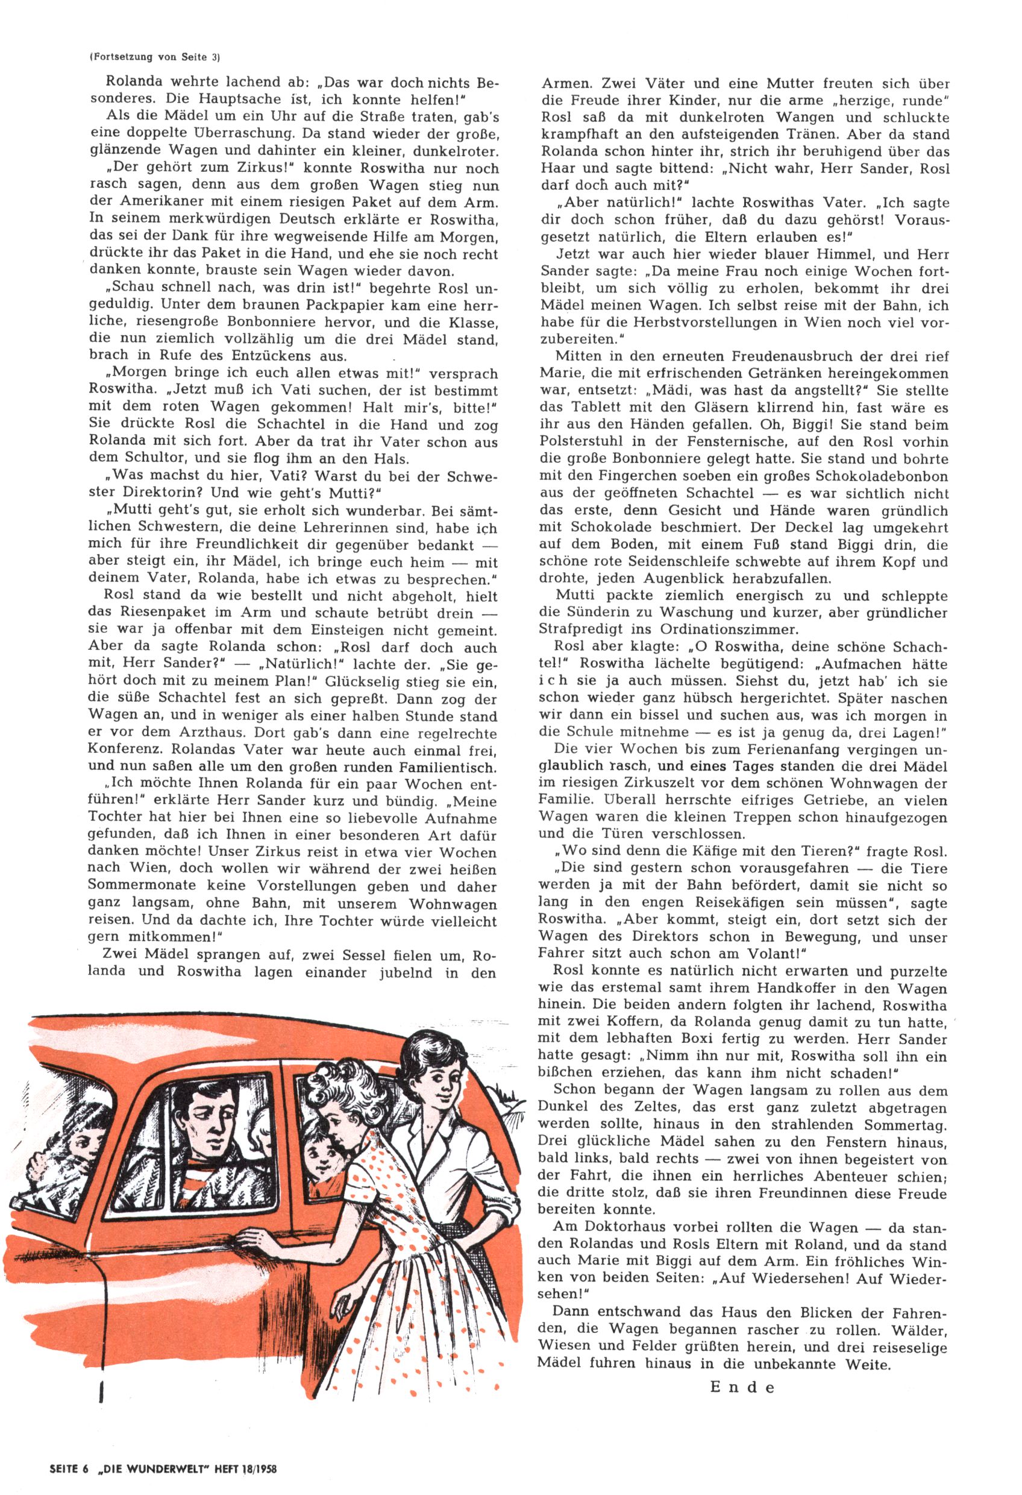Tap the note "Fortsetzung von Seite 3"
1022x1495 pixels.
point(155,57)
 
